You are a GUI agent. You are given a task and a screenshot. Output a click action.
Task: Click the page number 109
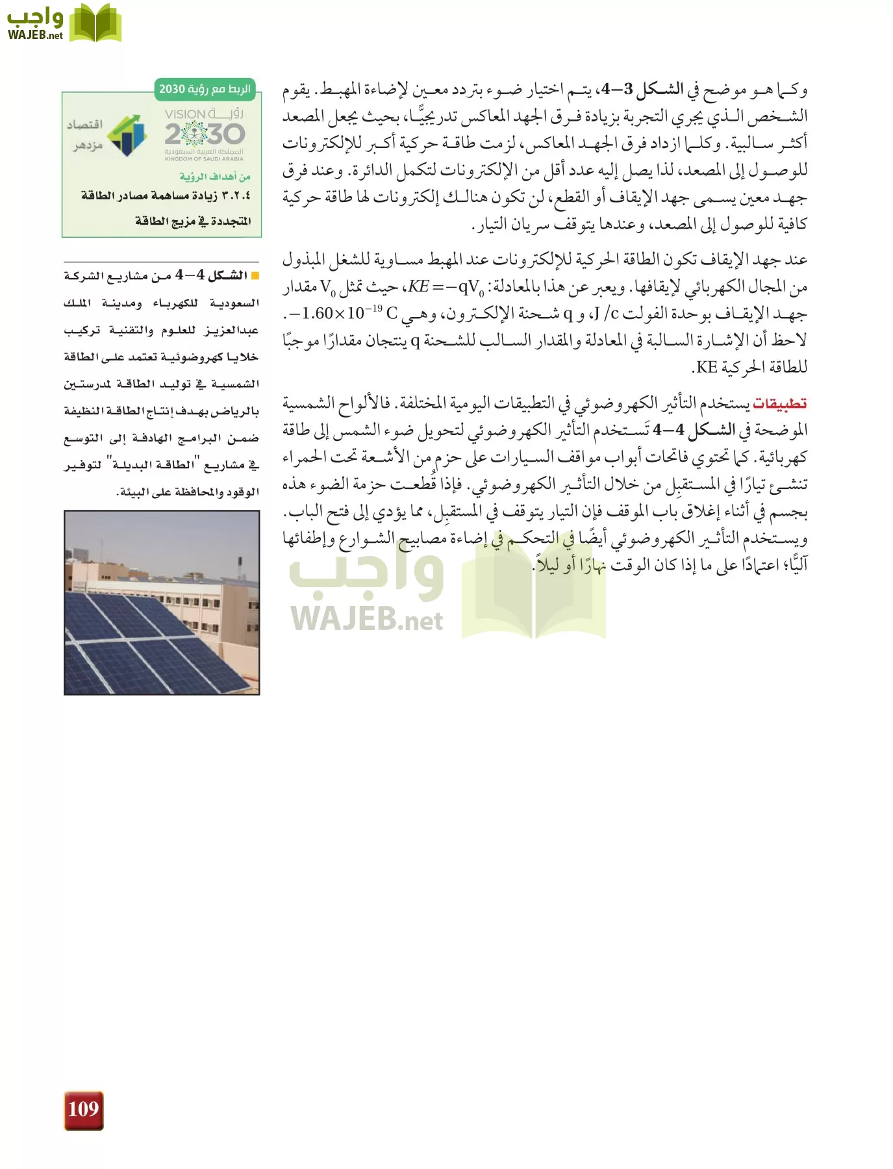tap(83, 1109)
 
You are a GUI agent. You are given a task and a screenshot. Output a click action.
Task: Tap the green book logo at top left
tap(95, 23)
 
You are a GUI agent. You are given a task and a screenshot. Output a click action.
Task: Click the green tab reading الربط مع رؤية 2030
tap(205, 89)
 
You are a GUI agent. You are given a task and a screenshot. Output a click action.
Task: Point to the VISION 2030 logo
tap(204, 134)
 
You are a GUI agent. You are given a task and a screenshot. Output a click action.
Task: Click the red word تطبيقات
tap(779, 403)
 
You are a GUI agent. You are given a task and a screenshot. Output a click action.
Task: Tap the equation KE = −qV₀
tap(446, 286)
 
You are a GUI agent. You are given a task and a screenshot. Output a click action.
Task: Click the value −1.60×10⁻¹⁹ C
tap(344, 314)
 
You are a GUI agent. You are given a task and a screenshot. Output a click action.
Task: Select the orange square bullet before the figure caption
tap(255, 277)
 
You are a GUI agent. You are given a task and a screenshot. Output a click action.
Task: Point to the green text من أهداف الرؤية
tap(215, 177)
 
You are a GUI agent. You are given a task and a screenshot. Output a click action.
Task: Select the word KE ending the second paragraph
tap(707, 368)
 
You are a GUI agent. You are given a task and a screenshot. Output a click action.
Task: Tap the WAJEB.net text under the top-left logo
tap(35, 35)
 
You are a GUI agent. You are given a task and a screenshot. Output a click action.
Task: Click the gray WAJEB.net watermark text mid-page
tap(367, 618)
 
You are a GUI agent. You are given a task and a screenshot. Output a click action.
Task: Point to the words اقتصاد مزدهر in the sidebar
tap(85, 134)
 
